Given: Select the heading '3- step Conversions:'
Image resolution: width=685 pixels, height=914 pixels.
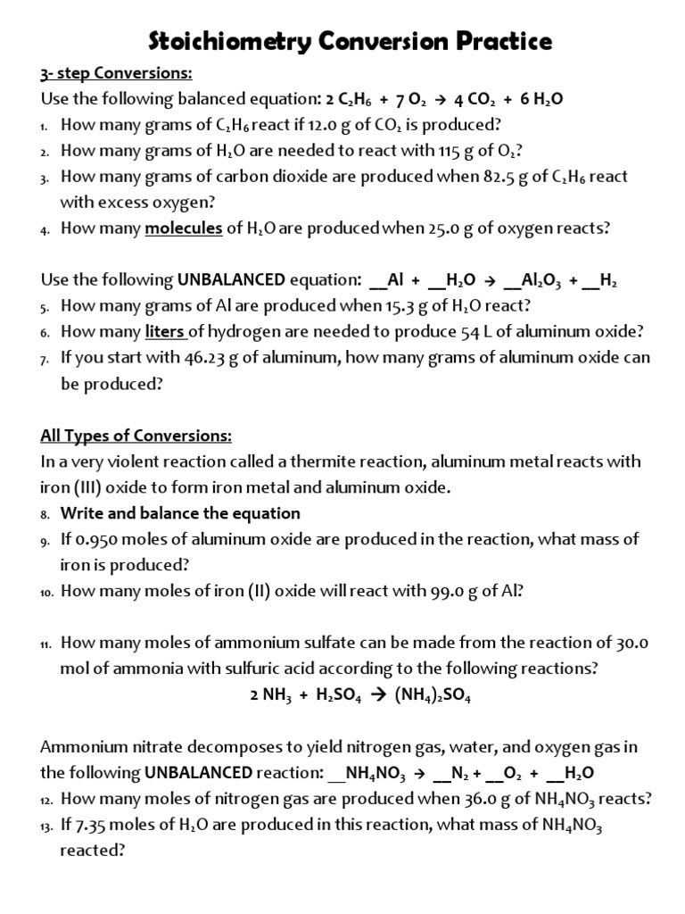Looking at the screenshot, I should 116,73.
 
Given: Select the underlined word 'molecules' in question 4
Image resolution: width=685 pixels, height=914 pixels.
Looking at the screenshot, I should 184,228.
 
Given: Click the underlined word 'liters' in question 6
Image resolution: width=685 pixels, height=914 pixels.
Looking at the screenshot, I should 167,332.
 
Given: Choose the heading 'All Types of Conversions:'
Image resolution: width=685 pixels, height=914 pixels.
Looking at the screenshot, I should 136,436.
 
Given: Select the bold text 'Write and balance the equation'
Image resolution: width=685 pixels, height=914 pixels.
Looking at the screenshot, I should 180,513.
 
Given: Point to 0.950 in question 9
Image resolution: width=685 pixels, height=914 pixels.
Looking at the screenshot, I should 97,539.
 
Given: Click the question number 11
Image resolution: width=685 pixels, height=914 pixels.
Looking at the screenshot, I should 47,644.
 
